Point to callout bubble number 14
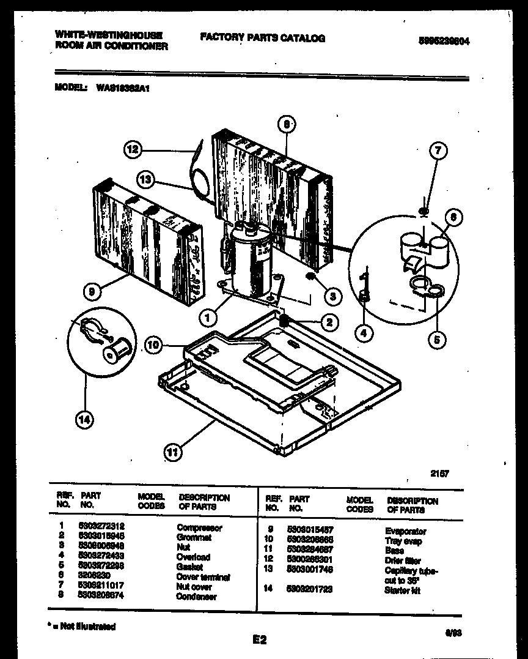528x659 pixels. [x=85, y=419]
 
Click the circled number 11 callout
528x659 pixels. [x=174, y=453]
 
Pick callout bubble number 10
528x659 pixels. [x=154, y=346]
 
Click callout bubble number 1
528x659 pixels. [x=208, y=318]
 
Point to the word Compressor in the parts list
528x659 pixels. [x=199, y=527]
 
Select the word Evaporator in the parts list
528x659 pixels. [x=405, y=531]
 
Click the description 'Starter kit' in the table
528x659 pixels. [x=402, y=590]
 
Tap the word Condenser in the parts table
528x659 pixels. [x=196, y=597]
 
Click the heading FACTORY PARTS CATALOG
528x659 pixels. [x=262, y=38]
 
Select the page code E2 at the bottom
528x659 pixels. [x=260, y=640]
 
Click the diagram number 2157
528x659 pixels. [x=439, y=473]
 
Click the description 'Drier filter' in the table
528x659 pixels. [x=403, y=560]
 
